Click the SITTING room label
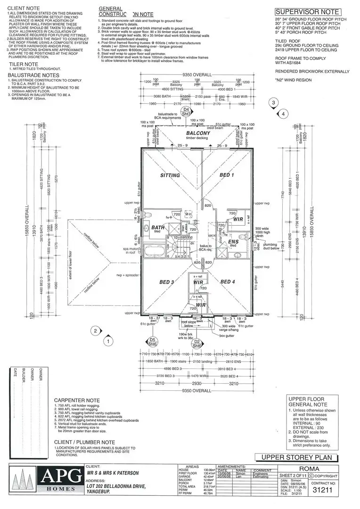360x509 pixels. (170, 175)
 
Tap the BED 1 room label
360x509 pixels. (227, 175)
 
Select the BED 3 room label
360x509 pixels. (167, 282)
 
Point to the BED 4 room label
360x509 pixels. (228, 282)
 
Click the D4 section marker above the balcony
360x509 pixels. (186, 111)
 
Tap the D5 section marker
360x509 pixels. (152, 342)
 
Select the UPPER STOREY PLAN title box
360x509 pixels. (296, 458)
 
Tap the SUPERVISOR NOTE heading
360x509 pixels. (307, 12)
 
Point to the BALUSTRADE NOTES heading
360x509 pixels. (34, 75)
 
